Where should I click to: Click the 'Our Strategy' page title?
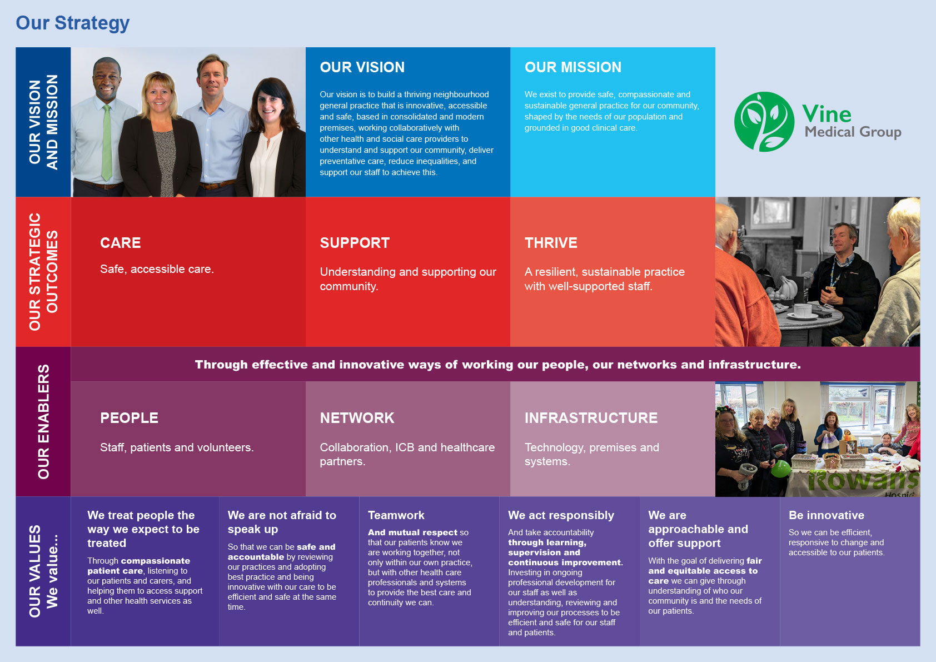click(x=73, y=23)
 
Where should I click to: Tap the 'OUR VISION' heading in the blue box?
click(x=362, y=67)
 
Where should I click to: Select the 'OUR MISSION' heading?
click(x=573, y=67)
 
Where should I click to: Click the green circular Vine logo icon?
click(x=764, y=122)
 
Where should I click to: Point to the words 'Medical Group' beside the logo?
click(x=853, y=132)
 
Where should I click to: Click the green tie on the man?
click(x=107, y=142)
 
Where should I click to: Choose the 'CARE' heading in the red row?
click(x=121, y=243)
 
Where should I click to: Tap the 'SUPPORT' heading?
click(x=355, y=243)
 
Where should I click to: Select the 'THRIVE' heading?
click(x=551, y=243)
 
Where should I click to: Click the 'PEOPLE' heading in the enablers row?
click(x=129, y=418)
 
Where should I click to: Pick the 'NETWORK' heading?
click(x=357, y=418)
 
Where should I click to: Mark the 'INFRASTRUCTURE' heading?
click(x=591, y=418)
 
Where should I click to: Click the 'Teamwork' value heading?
click(x=396, y=515)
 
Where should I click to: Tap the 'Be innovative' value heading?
click(x=826, y=515)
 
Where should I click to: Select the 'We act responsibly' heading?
click(x=561, y=516)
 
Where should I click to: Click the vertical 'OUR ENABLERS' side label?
click(x=43, y=422)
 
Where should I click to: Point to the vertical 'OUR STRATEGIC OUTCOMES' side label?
click(x=43, y=272)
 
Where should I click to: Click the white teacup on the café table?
click(x=802, y=312)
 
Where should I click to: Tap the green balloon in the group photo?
click(x=780, y=469)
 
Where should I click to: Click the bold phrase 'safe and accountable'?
click(x=282, y=551)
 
